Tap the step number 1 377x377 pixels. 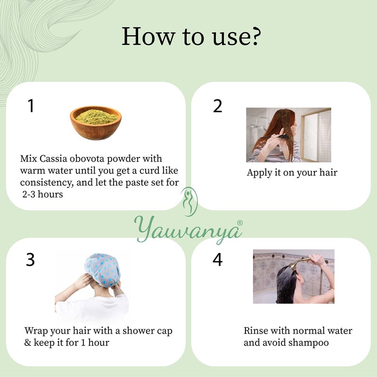tap(31, 106)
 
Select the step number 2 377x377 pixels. tap(217, 106)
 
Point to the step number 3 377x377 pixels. tap(30, 260)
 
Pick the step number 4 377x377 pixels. tap(217, 260)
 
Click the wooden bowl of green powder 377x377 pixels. tap(96, 123)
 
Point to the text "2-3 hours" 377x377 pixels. tap(42, 194)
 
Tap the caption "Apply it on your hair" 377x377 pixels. tap(292, 173)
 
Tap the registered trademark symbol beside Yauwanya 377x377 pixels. tap(240, 222)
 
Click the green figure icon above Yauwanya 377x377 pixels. tap(189, 202)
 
